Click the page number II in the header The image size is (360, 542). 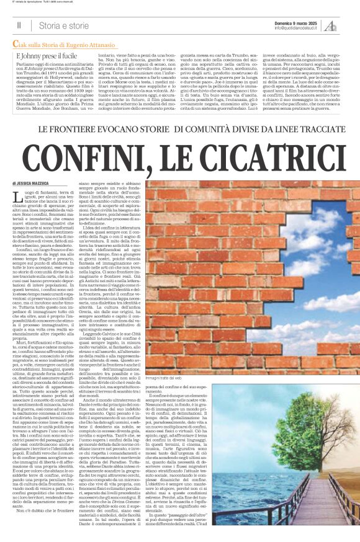coord(19,25)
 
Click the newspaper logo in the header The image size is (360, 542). coord(349,24)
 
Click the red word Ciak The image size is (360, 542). coord(21,43)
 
